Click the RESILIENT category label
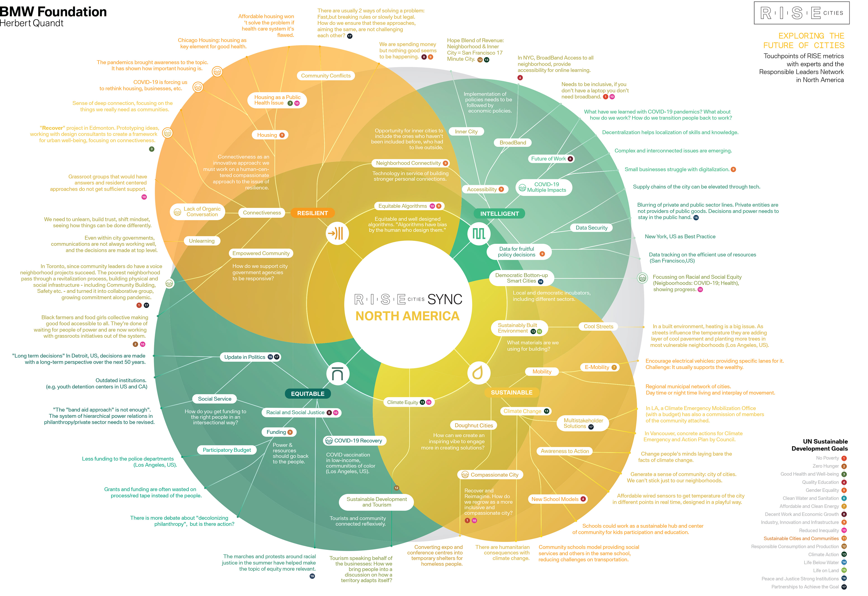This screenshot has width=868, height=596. click(312, 213)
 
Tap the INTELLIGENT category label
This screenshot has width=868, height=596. click(499, 214)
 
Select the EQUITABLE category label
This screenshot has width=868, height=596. click(307, 394)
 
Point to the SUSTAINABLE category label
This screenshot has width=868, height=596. click(511, 392)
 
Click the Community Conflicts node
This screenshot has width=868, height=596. click(326, 76)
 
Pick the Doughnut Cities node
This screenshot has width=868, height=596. click(474, 425)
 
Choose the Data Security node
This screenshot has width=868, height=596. click(591, 228)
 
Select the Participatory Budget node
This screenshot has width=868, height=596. click(227, 450)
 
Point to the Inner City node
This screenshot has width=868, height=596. click(466, 132)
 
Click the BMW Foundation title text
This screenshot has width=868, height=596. click(53, 12)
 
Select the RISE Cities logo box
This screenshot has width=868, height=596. click(802, 13)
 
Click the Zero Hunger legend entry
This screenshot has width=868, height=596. click(826, 466)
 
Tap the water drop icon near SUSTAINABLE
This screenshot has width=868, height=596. click(478, 373)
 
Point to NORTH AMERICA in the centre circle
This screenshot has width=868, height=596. click(407, 316)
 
